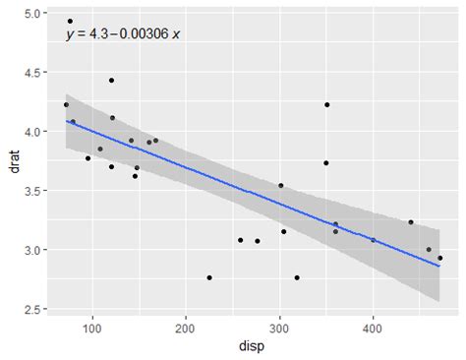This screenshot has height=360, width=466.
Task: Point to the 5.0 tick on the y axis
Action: click(33, 14)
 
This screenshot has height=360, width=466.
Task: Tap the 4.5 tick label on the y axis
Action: click(33, 73)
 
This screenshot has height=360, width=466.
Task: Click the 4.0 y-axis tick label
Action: click(33, 132)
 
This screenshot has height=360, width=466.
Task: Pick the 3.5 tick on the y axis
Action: click(33, 191)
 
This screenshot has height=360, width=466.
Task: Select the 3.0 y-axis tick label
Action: click(33, 250)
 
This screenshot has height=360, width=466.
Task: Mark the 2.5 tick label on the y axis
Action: click(33, 309)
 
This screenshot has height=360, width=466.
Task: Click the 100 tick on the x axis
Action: click(93, 328)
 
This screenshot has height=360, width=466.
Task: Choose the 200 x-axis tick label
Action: click(187, 328)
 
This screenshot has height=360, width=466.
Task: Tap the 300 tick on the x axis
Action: click(280, 328)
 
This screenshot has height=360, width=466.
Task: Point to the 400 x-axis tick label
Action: click(374, 328)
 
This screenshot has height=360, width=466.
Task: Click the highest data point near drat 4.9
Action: click(70, 21)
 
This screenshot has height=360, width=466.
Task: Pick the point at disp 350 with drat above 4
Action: click(326, 104)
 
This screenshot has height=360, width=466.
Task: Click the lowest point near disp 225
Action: click(209, 277)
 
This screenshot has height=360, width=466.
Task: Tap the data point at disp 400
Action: click(373, 240)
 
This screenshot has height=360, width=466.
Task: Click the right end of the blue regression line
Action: click(439, 266)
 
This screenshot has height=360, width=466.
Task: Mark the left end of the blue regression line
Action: click(66, 121)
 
